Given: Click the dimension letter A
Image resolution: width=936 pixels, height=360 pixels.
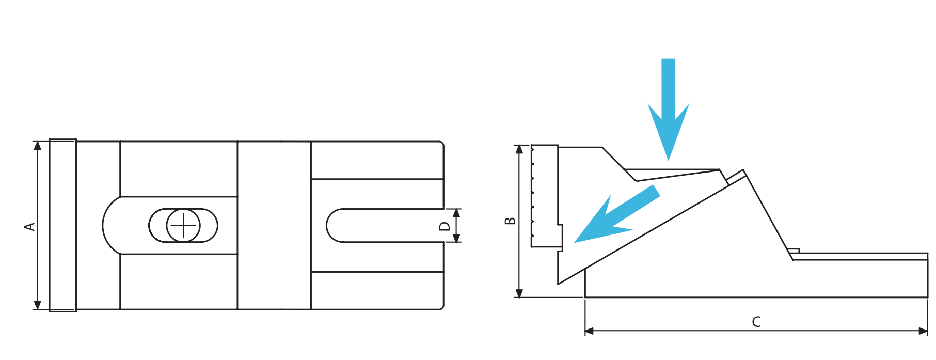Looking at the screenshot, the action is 30,226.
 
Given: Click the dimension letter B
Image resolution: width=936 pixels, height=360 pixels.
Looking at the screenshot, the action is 510,221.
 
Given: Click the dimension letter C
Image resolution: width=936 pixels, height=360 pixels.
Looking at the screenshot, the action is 756,322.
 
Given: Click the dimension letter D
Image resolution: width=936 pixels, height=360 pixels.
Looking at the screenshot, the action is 445,226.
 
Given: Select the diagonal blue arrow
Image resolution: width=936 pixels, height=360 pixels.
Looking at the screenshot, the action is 617,214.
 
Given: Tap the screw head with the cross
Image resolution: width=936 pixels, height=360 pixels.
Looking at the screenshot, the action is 183,226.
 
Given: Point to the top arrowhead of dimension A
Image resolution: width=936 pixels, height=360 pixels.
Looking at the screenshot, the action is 38,146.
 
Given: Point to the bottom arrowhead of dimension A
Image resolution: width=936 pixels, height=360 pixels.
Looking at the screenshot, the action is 38,305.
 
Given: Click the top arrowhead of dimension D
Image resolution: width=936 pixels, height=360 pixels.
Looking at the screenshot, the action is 456,213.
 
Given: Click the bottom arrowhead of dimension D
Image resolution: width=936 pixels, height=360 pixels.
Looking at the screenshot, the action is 456,238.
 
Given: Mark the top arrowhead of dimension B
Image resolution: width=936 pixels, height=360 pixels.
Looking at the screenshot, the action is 519,150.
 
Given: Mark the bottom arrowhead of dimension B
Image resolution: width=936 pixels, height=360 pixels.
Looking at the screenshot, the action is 519,293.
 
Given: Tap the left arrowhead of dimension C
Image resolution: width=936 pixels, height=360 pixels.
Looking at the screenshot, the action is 590,331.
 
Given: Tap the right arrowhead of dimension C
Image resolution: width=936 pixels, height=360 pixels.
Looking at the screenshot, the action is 923,331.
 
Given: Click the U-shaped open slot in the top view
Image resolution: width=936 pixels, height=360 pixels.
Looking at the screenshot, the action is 385,226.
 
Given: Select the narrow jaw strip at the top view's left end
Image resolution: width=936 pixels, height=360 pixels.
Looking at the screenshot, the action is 63,225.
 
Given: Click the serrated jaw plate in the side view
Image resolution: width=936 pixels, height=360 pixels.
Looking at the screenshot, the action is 545,196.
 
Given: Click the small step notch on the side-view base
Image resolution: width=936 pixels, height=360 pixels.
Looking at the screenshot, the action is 794,252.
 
